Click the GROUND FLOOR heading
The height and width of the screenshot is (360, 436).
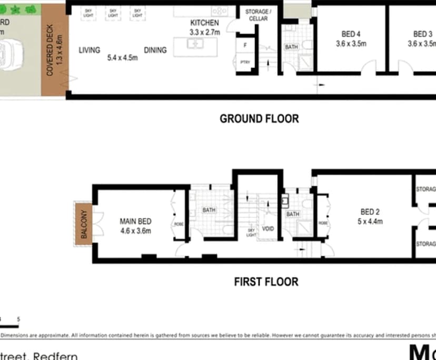tap(259, 118)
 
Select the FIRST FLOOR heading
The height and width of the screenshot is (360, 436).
tap(266, 282)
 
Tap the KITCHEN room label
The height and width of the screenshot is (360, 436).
tap(204, 23)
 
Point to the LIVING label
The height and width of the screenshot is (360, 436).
tap(90, 51)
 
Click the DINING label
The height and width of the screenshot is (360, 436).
tap(155, 51)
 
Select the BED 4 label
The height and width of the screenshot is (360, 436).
tap(351, 34)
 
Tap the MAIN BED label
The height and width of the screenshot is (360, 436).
tap(136, 221)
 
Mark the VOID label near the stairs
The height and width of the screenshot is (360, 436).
tap(267, 229)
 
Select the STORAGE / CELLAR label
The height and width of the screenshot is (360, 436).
tap(257, 15)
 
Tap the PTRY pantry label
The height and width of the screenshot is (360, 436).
tap(245, 63)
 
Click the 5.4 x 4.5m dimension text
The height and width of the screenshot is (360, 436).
tap(122, 57)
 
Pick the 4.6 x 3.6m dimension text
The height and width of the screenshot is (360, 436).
tap(136, 231)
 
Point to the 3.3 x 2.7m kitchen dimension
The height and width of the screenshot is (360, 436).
tap(205, 32)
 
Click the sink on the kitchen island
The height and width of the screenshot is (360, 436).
tap(195, 43)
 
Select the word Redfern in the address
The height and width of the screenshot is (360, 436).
tap(55, 356)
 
